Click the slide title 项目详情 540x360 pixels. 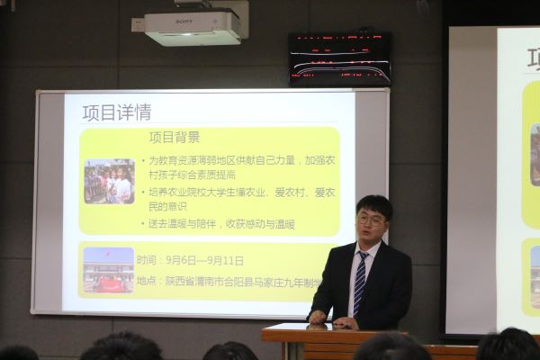(x=116, y=113)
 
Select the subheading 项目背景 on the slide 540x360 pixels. (x=174, y=137)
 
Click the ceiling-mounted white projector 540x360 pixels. (x=193, y=28)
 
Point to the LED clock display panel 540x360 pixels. (x=339, y=58)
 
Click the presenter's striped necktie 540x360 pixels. (x=360, y=282)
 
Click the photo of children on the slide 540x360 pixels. (x=108, y=181)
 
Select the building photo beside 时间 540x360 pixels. (x=108, y=269)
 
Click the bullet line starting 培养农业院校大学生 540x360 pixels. (x=236, y=192)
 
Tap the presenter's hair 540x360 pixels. (x=373, y=204)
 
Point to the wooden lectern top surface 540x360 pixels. (x=297, y=330)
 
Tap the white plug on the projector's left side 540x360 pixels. (x=137, y=24)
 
